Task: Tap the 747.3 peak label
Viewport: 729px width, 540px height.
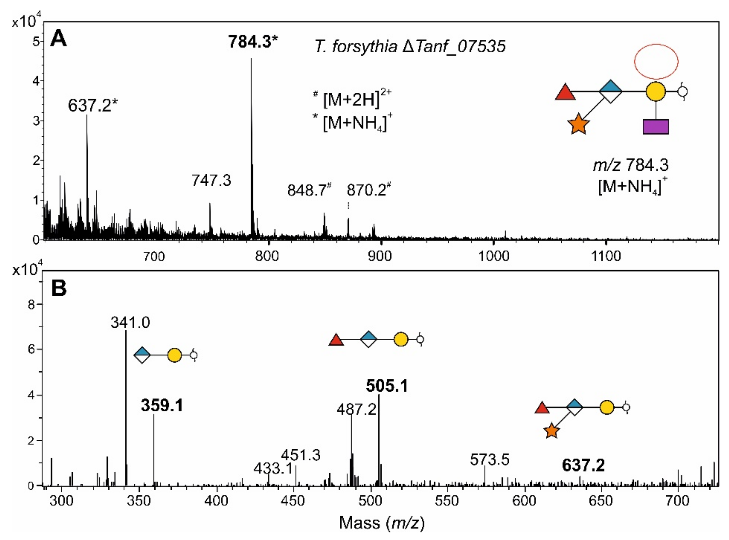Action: [211, 180]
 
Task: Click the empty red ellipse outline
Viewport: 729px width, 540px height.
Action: [656, 62]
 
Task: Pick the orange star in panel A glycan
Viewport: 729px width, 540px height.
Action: [578, 125]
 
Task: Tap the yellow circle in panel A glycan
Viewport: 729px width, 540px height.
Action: [655, 92]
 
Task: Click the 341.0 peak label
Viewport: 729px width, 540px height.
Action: [130, 323]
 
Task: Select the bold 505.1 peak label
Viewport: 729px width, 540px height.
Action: [387, 386]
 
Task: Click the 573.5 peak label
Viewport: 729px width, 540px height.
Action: [489, 460]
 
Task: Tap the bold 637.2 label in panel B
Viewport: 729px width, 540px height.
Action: [583, 465]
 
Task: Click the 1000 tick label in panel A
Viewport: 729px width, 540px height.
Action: [494, 256]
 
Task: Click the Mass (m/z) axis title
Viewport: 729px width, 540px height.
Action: [382, 523]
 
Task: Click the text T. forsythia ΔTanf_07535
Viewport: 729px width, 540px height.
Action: [410, 47]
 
